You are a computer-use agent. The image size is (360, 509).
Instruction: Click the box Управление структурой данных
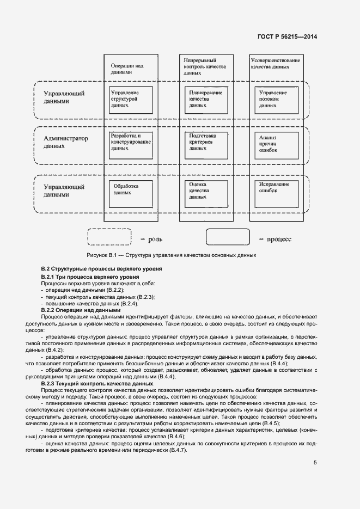tap(131, 100)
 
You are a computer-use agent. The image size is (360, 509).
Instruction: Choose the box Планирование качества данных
tap(206, 100)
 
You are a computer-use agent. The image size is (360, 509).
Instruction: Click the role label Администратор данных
tap(65, 142)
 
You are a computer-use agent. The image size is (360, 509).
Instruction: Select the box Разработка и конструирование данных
tap(131, 144)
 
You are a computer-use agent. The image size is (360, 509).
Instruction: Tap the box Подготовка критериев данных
tap(206, 144)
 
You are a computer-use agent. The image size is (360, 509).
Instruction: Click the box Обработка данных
tap(131, 191)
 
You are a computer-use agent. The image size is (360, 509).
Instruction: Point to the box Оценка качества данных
tap(206, 191)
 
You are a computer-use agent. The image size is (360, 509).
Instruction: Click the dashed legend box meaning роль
tap(109, 238)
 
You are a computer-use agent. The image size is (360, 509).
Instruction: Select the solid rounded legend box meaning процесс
tap(228, 238)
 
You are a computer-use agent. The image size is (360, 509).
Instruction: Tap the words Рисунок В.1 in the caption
tap(100, 255)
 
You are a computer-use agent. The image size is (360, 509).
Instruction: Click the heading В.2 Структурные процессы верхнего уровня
tap(101, 269)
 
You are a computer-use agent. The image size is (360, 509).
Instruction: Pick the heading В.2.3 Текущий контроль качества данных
tap(97, 384)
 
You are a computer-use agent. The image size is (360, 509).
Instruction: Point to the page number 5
tap(315, 463)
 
